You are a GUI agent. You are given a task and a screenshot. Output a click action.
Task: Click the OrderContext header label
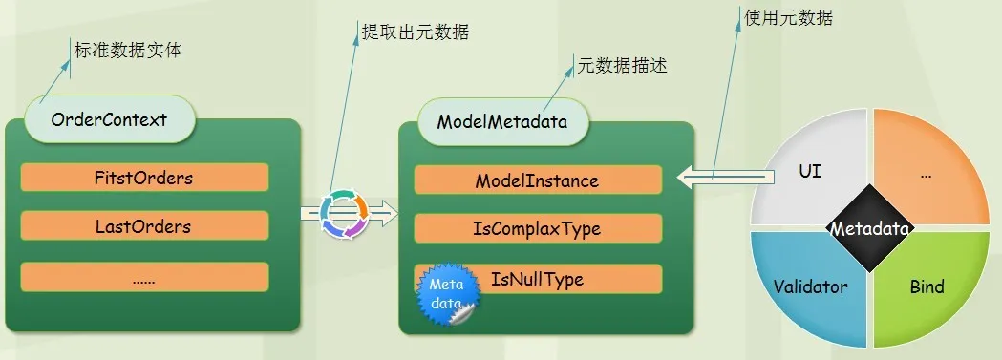point(109,119)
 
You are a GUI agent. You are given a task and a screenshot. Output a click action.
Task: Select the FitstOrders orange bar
point(144,177)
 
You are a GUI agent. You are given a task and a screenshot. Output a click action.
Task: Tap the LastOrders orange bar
point(144,226)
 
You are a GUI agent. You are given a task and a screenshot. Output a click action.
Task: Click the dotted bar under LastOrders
point(144,277)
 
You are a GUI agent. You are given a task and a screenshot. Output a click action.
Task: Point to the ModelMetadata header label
point(502,122)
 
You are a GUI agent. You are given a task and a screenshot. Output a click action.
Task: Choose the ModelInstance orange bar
point(538,180)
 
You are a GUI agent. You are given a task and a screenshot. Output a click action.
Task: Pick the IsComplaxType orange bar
point(538,228)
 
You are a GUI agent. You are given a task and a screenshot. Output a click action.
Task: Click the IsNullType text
point(538,279)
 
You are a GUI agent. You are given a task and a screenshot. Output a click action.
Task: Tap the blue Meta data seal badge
point(447,293)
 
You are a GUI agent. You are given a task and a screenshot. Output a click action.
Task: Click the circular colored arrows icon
point(344,213)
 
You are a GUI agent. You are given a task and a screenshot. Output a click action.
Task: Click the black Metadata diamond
point(870,228)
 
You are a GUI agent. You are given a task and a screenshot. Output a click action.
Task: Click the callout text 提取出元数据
point(416,32)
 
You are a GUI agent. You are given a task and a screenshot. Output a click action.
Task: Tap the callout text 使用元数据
point(789,17)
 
